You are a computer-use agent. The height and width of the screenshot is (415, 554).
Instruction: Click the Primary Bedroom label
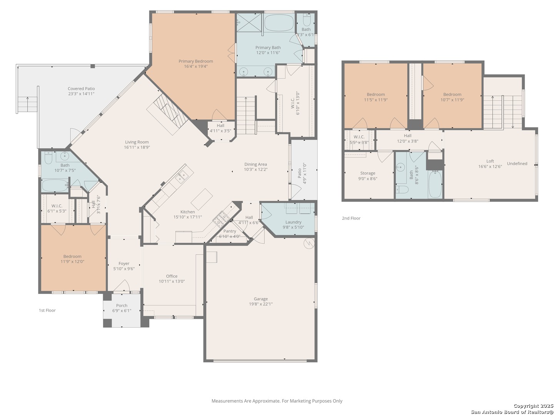(195, 61)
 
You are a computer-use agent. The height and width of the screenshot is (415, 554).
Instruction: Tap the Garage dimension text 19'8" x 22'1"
(261, 304)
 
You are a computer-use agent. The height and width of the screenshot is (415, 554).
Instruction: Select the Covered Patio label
(81, 89)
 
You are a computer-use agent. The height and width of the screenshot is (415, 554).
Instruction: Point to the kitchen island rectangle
(202, 199)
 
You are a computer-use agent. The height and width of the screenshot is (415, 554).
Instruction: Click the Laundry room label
(293, 222)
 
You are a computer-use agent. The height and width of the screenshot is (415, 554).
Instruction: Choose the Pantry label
(230, 231)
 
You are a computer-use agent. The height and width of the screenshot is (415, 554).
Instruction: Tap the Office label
(172, 276)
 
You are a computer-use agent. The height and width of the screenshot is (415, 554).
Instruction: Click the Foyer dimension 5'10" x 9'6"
(124, 269)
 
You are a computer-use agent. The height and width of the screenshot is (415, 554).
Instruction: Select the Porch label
(122, 305)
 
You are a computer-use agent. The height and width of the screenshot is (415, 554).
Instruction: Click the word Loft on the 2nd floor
(490, 161)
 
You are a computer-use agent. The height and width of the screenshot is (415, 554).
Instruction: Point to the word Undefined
(517, 164)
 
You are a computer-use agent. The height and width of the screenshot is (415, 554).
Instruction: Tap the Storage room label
(368, 173)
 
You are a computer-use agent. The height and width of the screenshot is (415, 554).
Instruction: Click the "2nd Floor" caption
(351, 218)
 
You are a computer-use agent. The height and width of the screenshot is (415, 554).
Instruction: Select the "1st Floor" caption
(47, 310)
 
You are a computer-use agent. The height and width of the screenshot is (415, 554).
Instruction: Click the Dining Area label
(256, 164)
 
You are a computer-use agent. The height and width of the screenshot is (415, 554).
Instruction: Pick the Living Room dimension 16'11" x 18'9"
(137, 147)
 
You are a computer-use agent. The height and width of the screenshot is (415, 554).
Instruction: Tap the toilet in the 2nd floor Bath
(402, 189)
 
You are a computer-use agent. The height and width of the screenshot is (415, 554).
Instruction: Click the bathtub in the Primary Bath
(279, 22)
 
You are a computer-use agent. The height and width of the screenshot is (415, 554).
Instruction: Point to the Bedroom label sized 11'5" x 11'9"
(376, 95)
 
